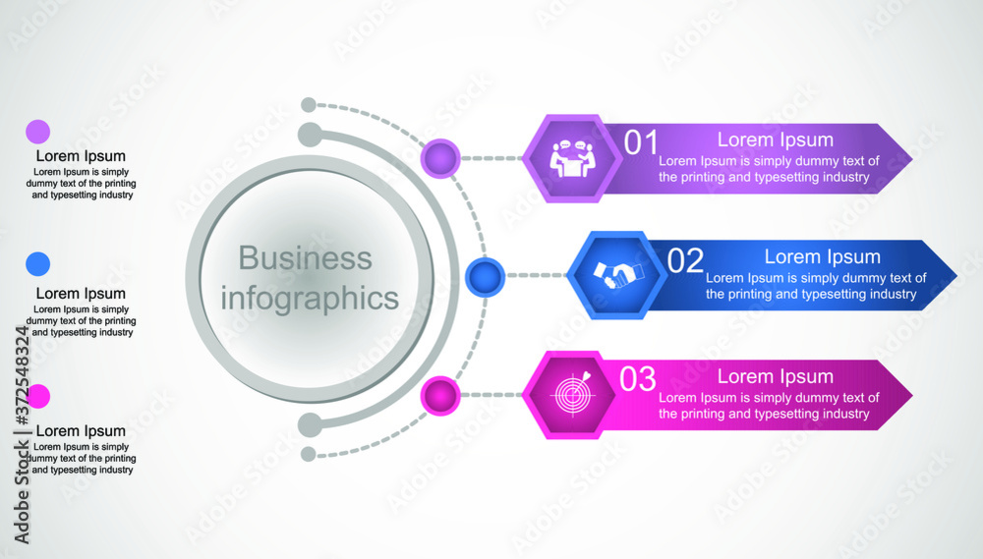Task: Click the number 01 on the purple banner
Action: click(x=642, y=143)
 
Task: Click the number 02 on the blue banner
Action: click(x=685, y=261)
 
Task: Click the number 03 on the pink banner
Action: click(x=638, y=379)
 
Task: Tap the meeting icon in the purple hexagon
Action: click(x=570, y=158)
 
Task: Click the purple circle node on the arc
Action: click(x=440, y=157)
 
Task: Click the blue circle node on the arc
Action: click(x=484, y=277)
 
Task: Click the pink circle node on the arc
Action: click(x=440, y=396)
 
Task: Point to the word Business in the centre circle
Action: click(x=306, y=258)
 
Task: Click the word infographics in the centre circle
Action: click(x=309, y=297)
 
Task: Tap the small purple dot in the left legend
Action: click(x=37, y=132)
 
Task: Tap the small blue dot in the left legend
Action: click(x=37, y=263)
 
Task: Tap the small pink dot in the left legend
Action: click(x=37, y=396)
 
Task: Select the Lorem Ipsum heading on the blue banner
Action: click(x=822, y=257)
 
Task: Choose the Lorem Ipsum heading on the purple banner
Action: click(x=775, y=140)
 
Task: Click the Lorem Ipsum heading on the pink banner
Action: click(x=775, y=376)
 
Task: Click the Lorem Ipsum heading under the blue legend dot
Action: click(x=81, y=293)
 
